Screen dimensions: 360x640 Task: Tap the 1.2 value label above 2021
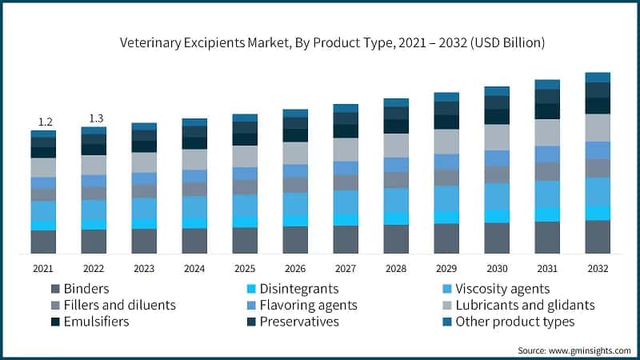click(x=45, y=122)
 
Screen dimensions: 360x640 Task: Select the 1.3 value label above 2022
click(x=95, y=118)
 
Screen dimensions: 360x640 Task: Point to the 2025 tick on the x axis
click(x=245, y=268)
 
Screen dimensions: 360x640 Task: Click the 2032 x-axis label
click(x=597, y=268)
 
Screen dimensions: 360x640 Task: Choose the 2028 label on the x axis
click(x=396, y=268)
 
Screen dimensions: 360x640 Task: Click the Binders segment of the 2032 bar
click(x=597, y=237)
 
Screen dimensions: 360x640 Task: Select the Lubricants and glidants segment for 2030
click(x=497, y=137)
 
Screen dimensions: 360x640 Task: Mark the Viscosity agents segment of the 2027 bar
click(x=346, y=202)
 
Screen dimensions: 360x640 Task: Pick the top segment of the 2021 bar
click(x=44, y=134)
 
